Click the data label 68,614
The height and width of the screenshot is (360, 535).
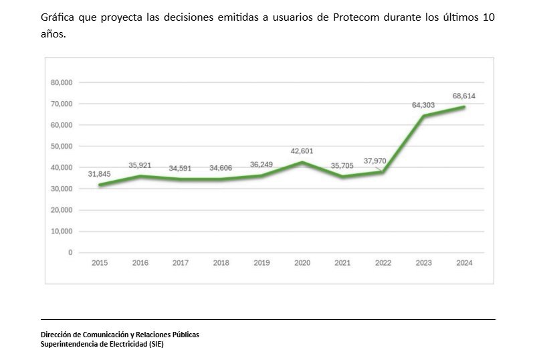pos(463,96)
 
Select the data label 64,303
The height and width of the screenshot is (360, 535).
pos(425,105)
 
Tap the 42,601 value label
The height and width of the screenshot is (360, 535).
pos(302,151)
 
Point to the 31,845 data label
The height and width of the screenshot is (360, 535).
pos(99,174)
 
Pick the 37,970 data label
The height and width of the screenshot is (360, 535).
pos(377,161)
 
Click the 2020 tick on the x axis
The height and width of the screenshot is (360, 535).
pos(302,263)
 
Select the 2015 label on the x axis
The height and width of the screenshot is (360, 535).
pos(99,263)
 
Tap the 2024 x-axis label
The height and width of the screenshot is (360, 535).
pos(463,263)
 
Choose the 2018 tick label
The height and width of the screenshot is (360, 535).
pos(221,263)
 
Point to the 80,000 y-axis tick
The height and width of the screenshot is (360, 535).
pos(62,82)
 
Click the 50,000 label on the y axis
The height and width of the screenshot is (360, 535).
pos(62,146)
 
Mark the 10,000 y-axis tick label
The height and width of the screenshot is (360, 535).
pos(62,232)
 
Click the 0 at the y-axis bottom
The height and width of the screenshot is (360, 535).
pos(70,252)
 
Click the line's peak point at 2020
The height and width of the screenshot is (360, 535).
pos(302,162)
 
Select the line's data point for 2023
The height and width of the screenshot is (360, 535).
pos(423,116)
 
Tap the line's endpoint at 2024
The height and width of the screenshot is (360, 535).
pos(463,107)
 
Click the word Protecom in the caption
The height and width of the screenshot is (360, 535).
pos(358,17)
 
